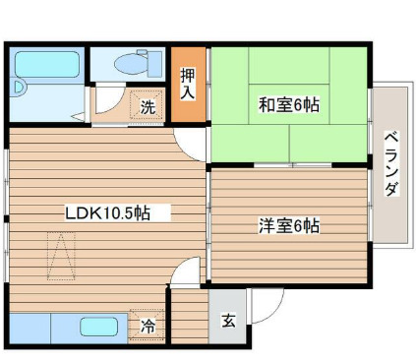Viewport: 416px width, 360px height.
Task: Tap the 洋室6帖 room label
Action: coord(288,225)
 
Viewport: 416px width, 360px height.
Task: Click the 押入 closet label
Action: coord(188,83)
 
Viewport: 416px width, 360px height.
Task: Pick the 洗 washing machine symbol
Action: coord(147,107)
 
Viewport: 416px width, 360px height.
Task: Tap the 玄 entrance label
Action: coord(228,320)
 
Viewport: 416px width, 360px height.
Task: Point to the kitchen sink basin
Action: coord(98,327)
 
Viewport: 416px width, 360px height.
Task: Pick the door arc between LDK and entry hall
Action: coord(182,275)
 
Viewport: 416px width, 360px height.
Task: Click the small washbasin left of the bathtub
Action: coord(21,98)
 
